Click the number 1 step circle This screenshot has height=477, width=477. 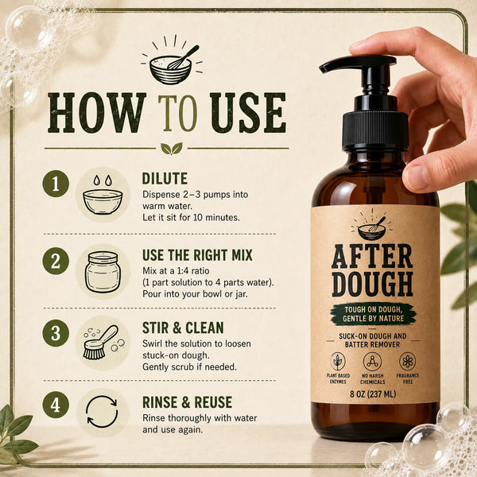pyautogui.click(x=56, y=184)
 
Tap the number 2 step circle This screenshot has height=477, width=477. pyautogui.click(x=56, y=261)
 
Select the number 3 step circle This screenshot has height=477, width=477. pyautogui.click(x=56, y=333)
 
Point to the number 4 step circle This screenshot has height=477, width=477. pyautogui.click(x=56, y=405)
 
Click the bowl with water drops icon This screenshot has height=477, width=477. pyautogui.click(x=103, y=196)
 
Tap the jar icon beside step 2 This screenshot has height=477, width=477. pyautogui.click(x=103, y=272)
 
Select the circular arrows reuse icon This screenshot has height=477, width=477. pyautogui.click(x=102, y=412)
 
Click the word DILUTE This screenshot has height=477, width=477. pyautogui.click(x=165, y=179)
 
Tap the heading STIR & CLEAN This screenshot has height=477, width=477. pyautogui.click(x=183, y=328)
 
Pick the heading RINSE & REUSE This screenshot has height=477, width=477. pyautogui.click(x=187, y=402)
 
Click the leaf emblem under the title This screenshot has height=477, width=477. pyautogui.click(x=172, y=149)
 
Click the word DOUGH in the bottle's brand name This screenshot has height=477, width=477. pyautogui.click(x=372, y=285)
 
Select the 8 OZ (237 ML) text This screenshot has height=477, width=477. pyautogui.click(x=373, y=394)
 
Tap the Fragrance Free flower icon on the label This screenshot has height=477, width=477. pyautogui.click(x=407, y=362)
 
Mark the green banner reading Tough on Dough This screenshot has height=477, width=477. pyautogui.click(x=374, y=314)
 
